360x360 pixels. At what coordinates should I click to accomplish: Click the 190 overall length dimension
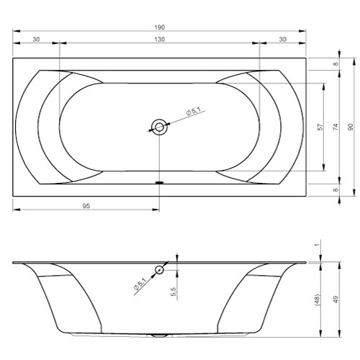159,27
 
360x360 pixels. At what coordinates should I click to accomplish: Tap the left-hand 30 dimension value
35,39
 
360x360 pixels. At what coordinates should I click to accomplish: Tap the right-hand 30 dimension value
282,39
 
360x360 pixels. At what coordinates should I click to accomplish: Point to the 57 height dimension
320,127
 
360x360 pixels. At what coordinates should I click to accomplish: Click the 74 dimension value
335,127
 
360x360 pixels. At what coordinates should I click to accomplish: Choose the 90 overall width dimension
351,127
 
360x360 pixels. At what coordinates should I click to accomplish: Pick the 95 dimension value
86,206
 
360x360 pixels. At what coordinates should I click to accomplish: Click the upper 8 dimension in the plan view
336,64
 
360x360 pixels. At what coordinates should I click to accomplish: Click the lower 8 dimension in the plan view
336,189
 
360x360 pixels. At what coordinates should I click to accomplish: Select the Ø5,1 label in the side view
140,284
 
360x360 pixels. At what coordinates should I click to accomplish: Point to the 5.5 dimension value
173,291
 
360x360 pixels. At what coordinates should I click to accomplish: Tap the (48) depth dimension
317,300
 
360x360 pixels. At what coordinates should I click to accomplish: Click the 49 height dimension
335,300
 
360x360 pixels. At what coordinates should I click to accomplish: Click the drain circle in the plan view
159,127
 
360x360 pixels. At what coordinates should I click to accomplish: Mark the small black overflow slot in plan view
159,181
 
